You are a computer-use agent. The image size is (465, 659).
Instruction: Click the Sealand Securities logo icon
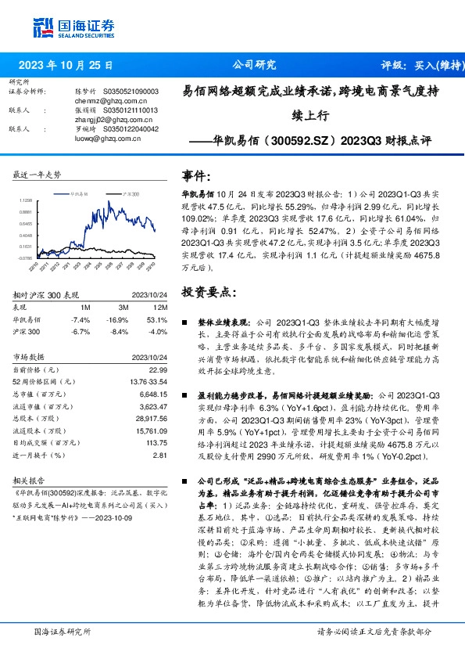click(45, 26)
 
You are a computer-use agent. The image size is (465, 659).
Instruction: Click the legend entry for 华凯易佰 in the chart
click(82, 192)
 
